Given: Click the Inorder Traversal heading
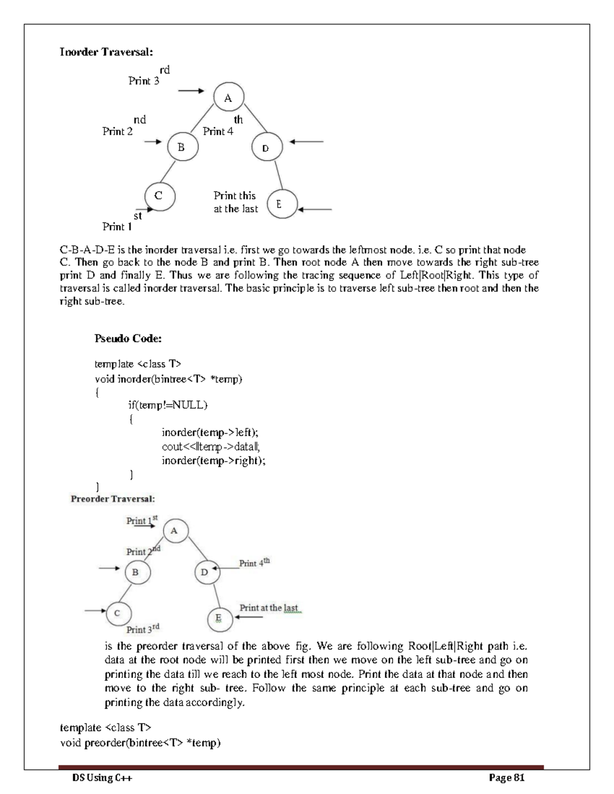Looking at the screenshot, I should (106, 52).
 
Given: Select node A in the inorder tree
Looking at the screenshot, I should (228, 98).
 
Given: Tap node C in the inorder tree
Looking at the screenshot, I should (160, 196).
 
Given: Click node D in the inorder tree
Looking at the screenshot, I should (267, 148).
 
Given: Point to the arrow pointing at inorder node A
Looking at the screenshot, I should (190, 91).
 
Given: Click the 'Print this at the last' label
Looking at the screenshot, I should (235, 202).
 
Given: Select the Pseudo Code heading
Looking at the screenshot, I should (128, 338).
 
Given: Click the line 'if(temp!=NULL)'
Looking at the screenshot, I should (168, 405).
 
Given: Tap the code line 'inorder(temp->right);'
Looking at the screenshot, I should (213, 461).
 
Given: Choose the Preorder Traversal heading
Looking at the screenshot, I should (113, 498).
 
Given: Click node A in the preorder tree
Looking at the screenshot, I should (176, 531).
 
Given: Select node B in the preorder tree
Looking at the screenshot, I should (137, 572).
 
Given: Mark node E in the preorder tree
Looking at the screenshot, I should (220, 619).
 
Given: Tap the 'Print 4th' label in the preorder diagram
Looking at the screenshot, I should (254, 563).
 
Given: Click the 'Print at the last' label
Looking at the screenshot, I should (269, 608).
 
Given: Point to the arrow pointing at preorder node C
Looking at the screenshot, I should (95, 610).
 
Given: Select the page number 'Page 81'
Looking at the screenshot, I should (507, 778).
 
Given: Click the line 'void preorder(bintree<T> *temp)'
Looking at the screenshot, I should (140, 743).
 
